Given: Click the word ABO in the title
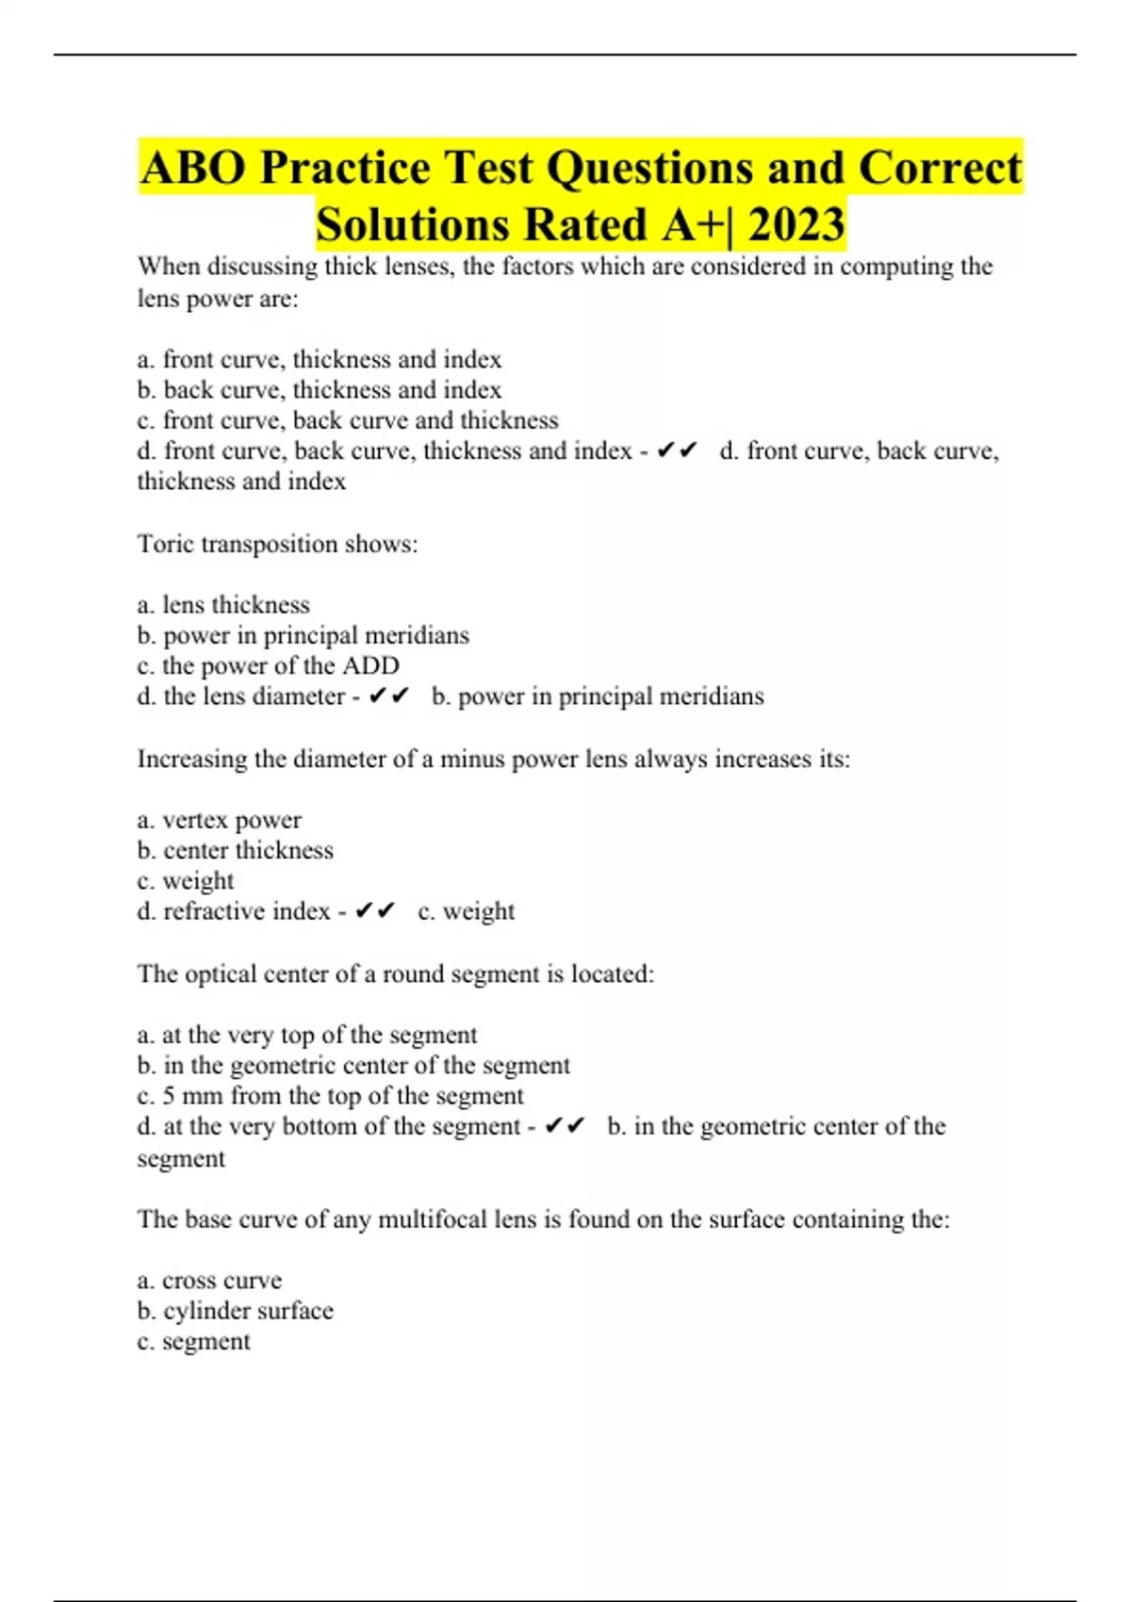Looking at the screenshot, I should coord(193,169).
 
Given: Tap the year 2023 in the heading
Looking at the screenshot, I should coord(796,225).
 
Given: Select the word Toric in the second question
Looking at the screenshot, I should coord(166,544).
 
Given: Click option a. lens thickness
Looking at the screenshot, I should coord(223,604).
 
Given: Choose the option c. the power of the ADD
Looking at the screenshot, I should coord(268,665).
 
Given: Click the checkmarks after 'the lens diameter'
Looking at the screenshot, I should coord(388,696).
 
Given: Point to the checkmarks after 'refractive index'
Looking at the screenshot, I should coord(374,911).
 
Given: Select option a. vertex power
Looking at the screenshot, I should coord(219,820).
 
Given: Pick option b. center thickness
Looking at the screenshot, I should coord(235,850).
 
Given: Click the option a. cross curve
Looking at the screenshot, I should coord(209,1280).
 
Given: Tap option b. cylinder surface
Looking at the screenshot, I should coord(235,1311).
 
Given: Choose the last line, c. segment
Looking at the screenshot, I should coord(193,1341).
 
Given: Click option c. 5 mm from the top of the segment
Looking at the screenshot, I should coord(330,1096).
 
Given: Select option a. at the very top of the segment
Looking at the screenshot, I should coord(306,1035).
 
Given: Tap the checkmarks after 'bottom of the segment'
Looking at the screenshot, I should coord(565,1126).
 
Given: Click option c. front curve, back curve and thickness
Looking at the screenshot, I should coord(347,420).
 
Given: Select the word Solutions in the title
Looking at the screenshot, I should coord(414,225).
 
